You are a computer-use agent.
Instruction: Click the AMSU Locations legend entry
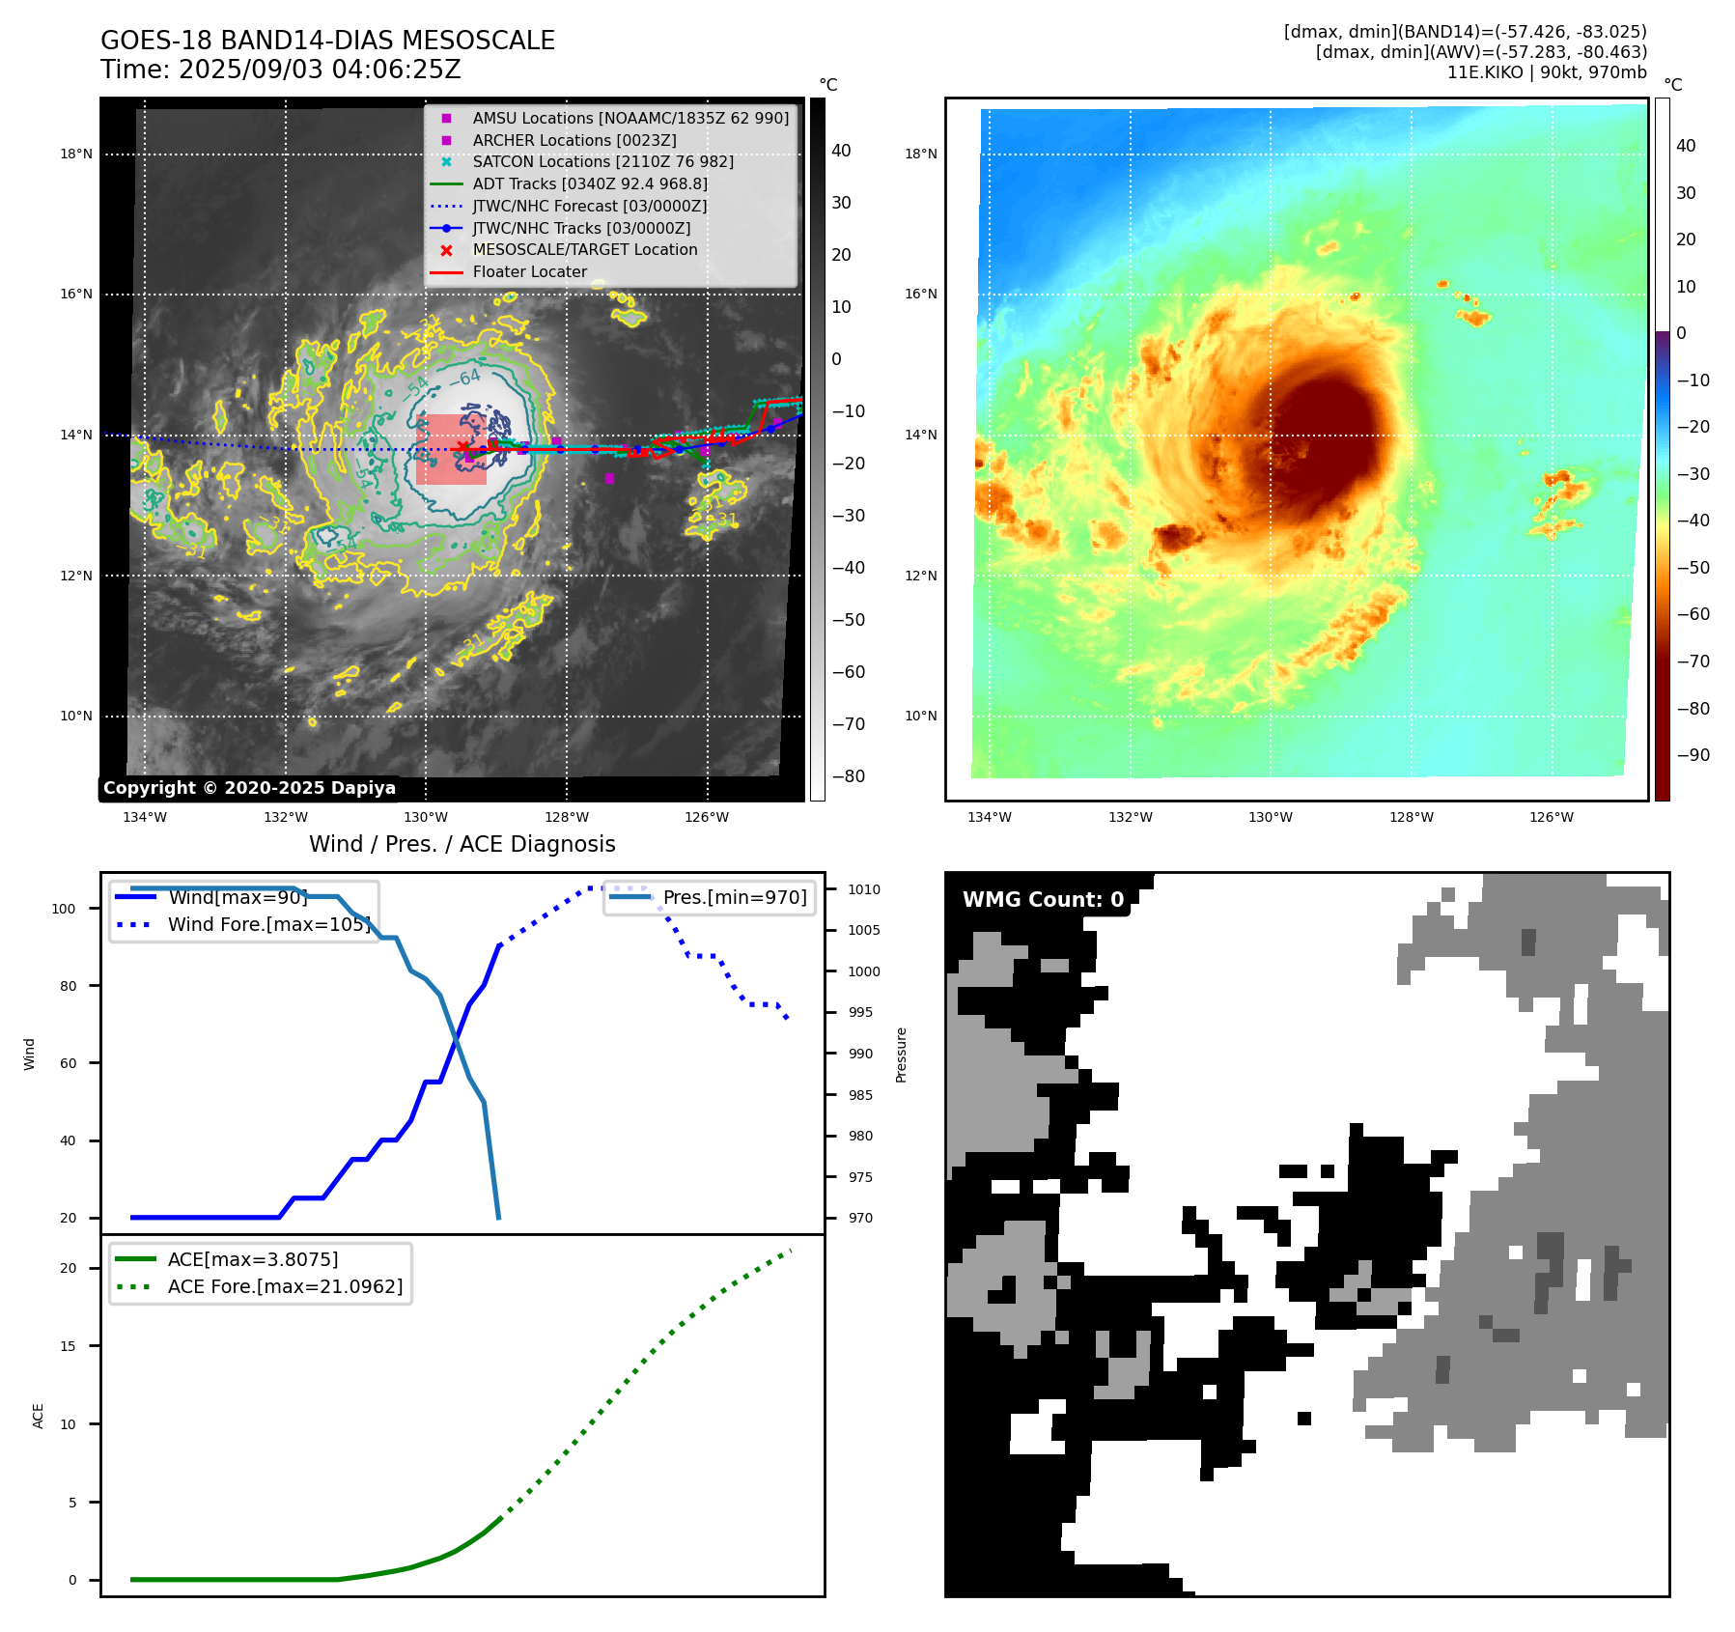tap(630, 118)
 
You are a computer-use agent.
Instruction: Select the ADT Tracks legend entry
tap(589, 183)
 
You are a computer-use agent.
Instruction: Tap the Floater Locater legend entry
tap(529, 271)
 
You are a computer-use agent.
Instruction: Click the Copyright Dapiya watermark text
tap(249, 788)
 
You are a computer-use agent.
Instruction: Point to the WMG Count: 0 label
tap(1043, 900)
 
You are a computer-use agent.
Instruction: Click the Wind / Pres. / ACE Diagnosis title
tap(462, 844)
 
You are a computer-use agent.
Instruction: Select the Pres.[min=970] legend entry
tap(734, 897)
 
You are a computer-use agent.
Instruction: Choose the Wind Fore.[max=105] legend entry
tap(267, 924)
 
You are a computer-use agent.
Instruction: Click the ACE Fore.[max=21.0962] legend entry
tap(284, 1286)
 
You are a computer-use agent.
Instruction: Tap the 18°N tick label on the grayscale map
tap(76, 155)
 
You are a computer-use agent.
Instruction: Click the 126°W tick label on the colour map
tap(1551, 817)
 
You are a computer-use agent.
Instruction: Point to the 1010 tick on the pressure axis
tap(864, 889)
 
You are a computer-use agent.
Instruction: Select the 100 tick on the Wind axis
tap(64, 909)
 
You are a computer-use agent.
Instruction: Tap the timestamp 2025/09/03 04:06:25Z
tap(320, 70)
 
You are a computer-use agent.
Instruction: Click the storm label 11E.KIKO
tap(1484, 72)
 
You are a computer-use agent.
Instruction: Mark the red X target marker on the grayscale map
tap(463, 447)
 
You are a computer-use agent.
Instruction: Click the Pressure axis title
tap(901, 1055)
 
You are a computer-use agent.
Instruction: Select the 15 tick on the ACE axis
tap(68, 1346)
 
